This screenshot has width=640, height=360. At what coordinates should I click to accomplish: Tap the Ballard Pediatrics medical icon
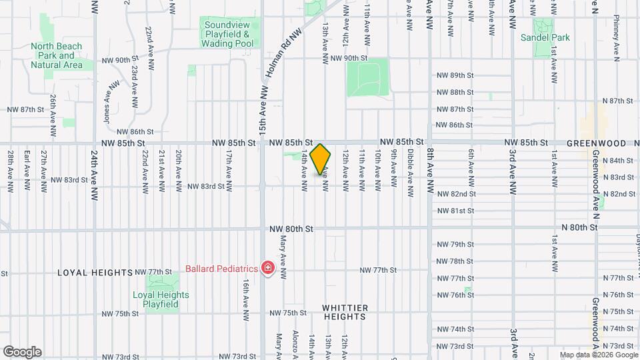click(267, 269)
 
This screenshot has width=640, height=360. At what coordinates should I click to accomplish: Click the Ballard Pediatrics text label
click(221, 269)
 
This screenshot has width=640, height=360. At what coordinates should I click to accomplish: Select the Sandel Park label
click(554, 38)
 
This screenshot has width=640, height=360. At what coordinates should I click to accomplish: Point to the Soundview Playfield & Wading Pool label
click(227, 33)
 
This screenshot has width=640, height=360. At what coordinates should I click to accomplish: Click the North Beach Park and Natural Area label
click(57, 56)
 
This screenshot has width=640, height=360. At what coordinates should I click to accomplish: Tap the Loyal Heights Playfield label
click(161, 299)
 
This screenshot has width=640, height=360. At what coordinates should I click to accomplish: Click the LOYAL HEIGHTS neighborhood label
click(95, 273)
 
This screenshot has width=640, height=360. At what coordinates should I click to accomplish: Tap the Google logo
click(22, 352)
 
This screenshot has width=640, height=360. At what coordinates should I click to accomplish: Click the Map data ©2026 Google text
click(597, 355)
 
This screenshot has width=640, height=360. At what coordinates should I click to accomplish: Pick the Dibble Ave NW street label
click(410, 170)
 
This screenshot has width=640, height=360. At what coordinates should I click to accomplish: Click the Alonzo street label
click(296, 344)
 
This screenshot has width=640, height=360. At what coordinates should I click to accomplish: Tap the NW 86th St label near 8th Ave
click(454, 125)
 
